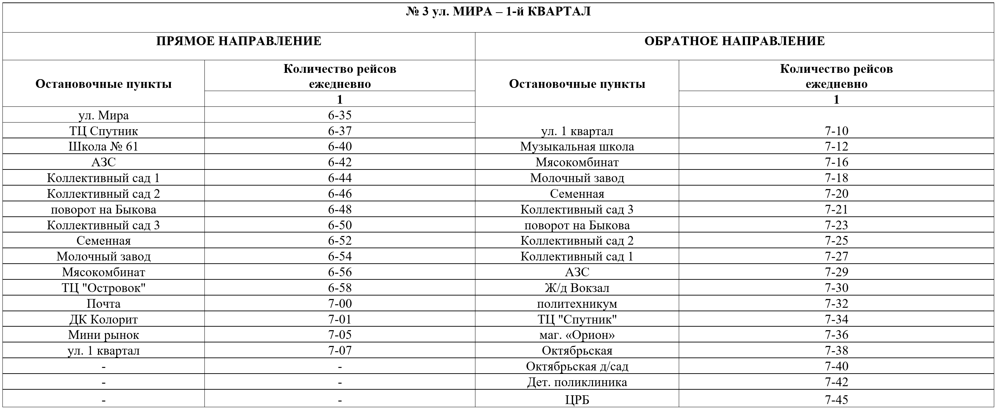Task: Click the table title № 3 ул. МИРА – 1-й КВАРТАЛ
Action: click(498, 12)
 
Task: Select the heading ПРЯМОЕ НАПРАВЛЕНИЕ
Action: click(238, 41)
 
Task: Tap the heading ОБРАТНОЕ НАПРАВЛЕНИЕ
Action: click(734, 41)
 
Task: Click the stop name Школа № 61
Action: click(103, 147)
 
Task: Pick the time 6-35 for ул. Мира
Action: click(340, 116)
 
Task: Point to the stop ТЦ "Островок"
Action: click(103, 288)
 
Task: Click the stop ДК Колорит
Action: click(103, 319)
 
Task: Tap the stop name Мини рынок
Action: click(103, 335)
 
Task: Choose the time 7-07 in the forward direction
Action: click(340, 351)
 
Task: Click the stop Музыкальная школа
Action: click(577, 147)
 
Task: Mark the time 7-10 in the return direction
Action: click(836, 131)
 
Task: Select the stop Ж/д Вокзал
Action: click(577, 288)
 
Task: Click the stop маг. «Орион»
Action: click(577, 335)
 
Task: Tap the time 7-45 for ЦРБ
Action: click(836, 399)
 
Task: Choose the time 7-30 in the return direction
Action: click(836, 288)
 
